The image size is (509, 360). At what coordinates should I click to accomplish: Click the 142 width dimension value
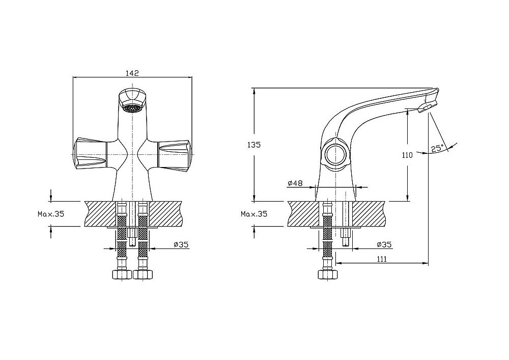[132, 73]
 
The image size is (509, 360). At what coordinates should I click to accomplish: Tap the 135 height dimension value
[253, 145]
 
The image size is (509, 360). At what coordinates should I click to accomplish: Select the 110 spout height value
[407, 155]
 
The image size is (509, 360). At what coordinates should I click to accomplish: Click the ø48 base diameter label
[295, 183]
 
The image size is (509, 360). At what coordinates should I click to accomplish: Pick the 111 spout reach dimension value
[382, 259]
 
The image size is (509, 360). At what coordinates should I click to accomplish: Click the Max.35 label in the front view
[51, 214]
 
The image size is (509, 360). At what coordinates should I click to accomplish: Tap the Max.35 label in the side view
[254, 214]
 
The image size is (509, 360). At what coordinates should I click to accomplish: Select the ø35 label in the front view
[181, 245]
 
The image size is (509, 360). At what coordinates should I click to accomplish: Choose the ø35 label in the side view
[384, 245]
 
